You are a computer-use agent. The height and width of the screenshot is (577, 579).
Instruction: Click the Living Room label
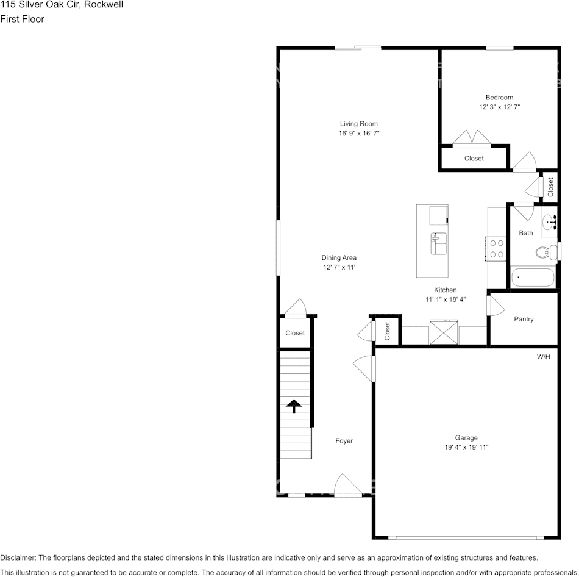coord(359,124)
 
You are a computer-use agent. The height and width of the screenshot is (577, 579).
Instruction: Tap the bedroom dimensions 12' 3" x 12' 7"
coord(499,107)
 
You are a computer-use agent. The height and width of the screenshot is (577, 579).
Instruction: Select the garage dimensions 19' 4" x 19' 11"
coord(466,447)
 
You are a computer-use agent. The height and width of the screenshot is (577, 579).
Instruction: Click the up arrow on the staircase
coord(294,406)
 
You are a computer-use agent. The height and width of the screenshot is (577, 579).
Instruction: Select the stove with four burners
coord(497,248)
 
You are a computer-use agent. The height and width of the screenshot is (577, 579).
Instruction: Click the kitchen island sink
coord(439,243)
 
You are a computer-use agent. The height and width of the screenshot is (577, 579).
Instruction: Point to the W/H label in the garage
coord(543,357)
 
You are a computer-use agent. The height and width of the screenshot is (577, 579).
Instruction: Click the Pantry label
coord(524,319)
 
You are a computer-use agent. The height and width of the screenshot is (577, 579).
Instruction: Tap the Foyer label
coord(344,440)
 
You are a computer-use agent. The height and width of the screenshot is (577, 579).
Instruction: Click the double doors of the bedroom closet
coord(472,138)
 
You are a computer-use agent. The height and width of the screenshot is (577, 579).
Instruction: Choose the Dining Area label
coord(339,258)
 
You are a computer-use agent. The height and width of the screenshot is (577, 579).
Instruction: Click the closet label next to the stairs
coord(295,333)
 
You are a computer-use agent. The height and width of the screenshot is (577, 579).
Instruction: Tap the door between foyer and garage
coord(366,369)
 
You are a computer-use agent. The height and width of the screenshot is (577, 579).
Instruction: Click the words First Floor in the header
coord(23,19)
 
